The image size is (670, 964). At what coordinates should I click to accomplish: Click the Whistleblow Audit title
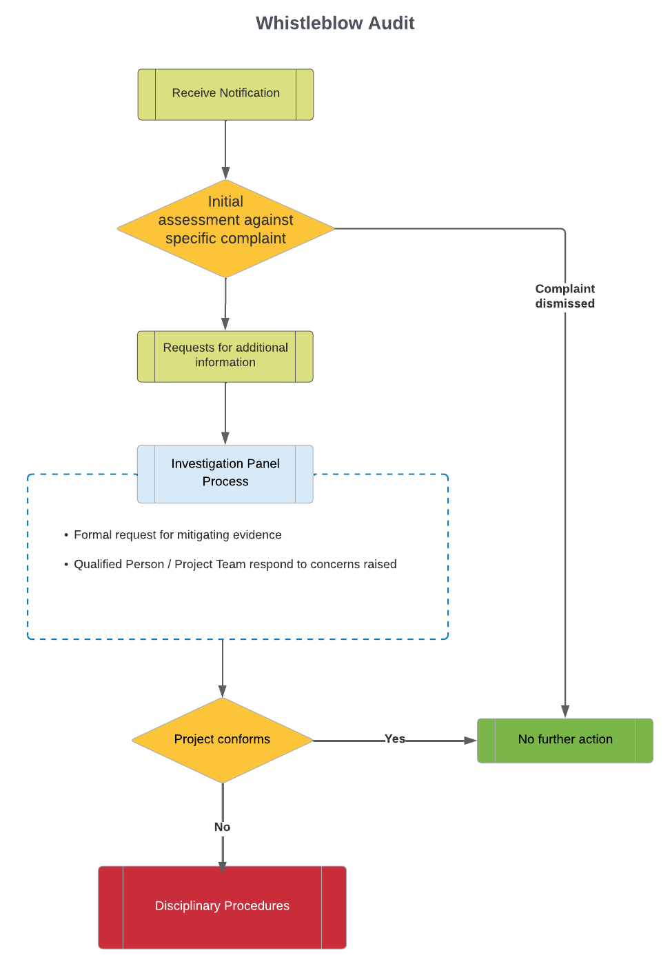(335, 23)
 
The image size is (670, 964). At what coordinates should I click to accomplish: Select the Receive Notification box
(225, 94)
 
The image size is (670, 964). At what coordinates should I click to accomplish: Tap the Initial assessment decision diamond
(225, 228)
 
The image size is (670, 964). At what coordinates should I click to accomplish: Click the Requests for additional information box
(225, 357)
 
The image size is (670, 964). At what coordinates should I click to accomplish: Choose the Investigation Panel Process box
(225, 474)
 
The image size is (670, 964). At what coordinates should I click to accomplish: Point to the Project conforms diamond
(222, 740)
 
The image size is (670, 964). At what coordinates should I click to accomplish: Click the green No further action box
(565, 740)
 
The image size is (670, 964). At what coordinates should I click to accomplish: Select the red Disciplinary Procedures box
(222, 907)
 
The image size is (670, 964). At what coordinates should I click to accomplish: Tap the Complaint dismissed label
(565, 296)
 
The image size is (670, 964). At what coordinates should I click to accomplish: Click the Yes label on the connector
(394, 739)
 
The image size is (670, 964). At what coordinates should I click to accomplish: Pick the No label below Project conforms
(222, 827)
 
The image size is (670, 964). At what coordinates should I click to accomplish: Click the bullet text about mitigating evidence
(177, 534)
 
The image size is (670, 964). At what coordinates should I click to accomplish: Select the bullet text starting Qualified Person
(235, 564)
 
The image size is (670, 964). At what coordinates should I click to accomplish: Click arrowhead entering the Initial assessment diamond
(225, 174)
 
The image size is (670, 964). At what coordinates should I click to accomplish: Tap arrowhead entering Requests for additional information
(225, 324)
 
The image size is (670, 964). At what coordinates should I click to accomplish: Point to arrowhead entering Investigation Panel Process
(225, 438)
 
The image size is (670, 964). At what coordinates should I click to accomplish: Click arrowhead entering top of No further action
(565, 712)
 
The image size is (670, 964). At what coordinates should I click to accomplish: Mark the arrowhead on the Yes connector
(470, 740)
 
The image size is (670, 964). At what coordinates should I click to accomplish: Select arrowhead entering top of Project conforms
(223, 691)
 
